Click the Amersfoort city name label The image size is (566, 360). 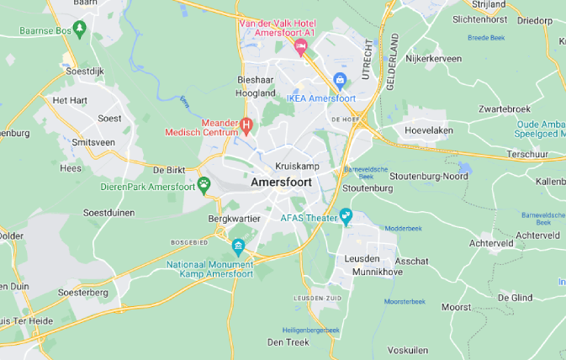(281, 182)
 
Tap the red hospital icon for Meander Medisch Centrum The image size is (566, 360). (246, 127)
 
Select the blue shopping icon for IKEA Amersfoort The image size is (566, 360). (340, 81)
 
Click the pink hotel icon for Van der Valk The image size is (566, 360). (300, 48)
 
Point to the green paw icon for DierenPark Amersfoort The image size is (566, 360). (204, 184)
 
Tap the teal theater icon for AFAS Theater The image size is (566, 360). (345, 217)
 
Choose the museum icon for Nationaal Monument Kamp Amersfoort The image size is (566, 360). (239, 247)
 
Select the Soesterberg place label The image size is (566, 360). (83, 292)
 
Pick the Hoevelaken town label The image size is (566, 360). (429, 130)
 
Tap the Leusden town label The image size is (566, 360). (362, 258)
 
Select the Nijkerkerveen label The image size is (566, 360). (433, 60)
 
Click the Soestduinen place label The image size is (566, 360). (110, 213)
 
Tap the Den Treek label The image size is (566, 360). (288, 341)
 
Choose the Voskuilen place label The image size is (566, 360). (408, 349)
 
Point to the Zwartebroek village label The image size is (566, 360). (504, 109)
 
